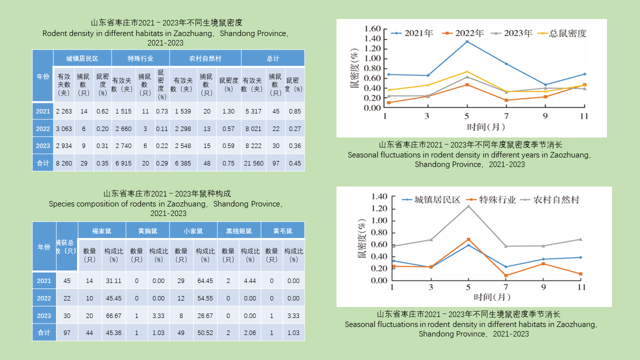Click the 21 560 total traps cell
(x=253, y=163)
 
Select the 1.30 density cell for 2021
(x=228, y=111)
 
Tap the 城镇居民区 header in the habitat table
(x=82, y=58)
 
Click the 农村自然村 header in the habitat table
(x=205, y=58)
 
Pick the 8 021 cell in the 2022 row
(x=253, y=129)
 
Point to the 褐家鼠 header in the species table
(x=101, y=231)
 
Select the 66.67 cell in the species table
(x=113, y=316)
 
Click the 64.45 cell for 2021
(x=205, y=281)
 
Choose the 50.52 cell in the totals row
(x=205, y=333)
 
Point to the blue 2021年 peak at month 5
(x=467, y=41)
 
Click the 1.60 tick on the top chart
(x=373, y=28)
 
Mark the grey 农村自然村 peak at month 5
(x=468, y=206)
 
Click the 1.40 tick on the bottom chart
(x=379, y=196)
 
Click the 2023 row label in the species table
(x=44, y=316)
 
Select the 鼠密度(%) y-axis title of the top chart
(x=354, y=68)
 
